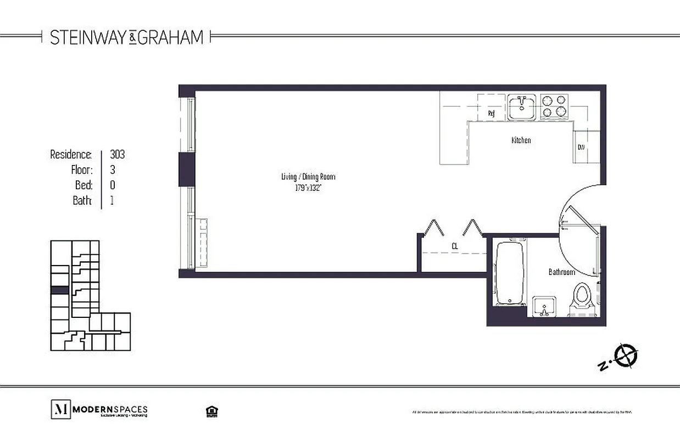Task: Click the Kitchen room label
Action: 521,140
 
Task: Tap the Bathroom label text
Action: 561,272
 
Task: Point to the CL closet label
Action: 455,246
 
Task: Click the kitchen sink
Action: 521,107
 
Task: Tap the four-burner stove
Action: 554,107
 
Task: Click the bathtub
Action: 510,272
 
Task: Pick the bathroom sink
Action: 544,306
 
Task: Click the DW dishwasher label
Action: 581,147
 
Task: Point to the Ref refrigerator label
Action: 492,114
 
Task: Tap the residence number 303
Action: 117,155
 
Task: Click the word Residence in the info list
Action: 71,155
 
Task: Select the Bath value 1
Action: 112,200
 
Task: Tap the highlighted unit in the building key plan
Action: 60,290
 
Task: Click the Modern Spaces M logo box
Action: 60,409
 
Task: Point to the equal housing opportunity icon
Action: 209,410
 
